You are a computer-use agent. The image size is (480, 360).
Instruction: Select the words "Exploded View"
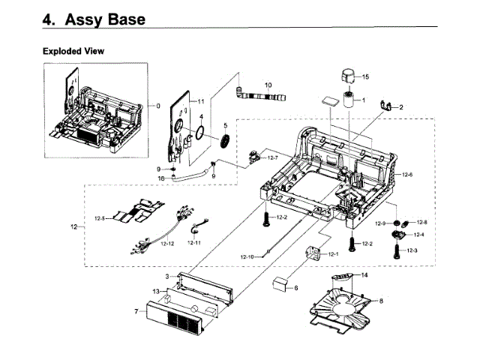pyautogui.click(x=73, y=51)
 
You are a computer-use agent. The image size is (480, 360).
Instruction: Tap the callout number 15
pyautogui.click(x=365, y=77)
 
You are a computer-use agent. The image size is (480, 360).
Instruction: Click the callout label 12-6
pyautogui.click(x=407, y=174)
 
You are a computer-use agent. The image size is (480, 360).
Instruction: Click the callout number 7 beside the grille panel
pyautogui.click(x=136, y=310)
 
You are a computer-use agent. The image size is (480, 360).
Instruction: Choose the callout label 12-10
pyautogui.click(x=247, y=257)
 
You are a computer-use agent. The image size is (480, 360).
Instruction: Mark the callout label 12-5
pyautogui.click(x=100, y=218)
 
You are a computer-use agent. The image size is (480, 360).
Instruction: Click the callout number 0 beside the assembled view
pyautogui.click(x=157, y=106)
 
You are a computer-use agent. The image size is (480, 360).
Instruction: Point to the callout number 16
pyautogui.click(x=160, y=178)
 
